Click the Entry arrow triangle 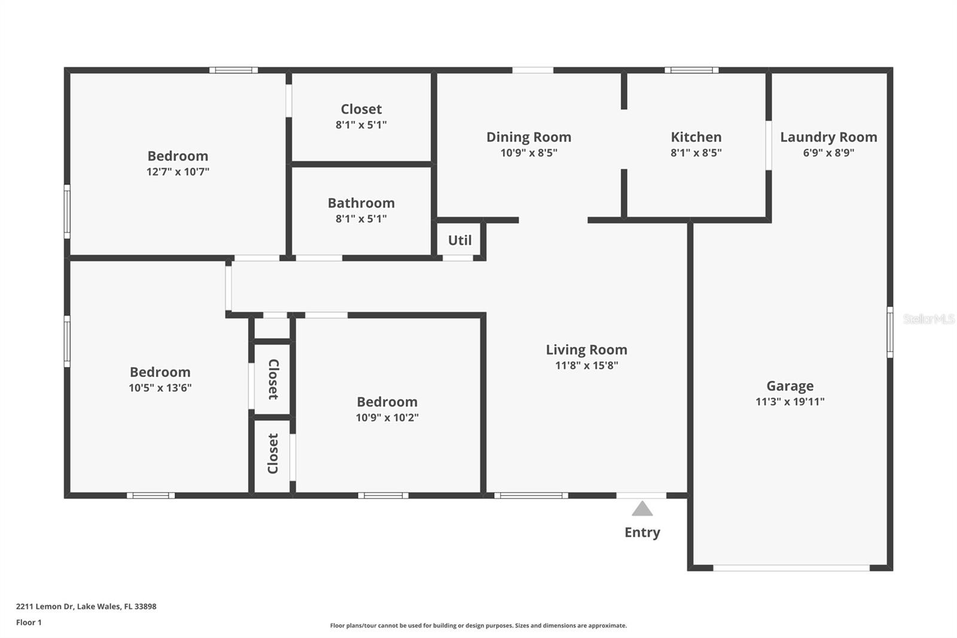tap(642, 509)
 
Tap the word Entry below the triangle tap(642, 532)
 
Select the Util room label tap(459, 240)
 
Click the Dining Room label tap(528, 137)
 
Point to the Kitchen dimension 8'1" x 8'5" tap(696, 153)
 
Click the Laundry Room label tap(828, 137)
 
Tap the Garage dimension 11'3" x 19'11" tap(790, 402)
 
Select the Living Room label tap(586, 350)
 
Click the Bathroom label tap(361, 203)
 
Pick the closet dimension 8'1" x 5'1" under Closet tap(361, 125)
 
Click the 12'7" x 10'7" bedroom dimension tap(178, 172)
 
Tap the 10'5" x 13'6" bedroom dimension tap(160, 388)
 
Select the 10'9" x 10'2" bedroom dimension tap(387, 418)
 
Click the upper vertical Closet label tap(273, 379)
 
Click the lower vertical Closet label tap(273, 453)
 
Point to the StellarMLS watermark tap(928, 319)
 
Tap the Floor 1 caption tap(29, 622)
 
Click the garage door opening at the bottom tap(791, 567)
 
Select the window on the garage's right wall tap(889, 332)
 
